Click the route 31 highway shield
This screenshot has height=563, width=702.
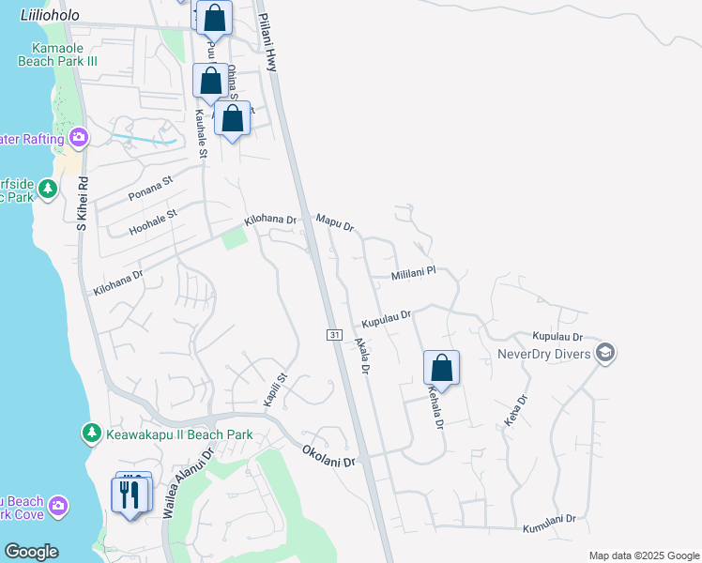pos(333,335)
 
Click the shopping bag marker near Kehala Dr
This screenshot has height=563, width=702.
pos(441,367)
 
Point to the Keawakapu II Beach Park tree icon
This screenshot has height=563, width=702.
pos(91,434)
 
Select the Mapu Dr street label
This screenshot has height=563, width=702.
pos(335,222)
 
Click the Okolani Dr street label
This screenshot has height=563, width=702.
pos(329,457)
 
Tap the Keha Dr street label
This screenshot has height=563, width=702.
pos(516,410)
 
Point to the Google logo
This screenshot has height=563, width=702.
pos(31,552)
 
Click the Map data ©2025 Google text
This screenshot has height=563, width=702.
pos(643,555)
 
